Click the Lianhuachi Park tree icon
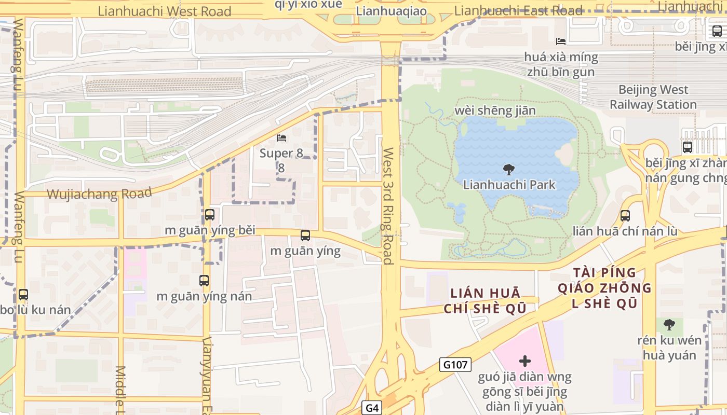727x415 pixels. [509, 169]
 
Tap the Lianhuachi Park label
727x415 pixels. [509, 185]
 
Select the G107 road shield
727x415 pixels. [455, 365]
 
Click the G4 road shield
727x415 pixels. [372, 408]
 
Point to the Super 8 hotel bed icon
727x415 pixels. [281, 138]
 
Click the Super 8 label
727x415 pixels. [281, 160]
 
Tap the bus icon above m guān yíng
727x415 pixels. [305, 236]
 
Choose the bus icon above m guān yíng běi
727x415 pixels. [210, 214]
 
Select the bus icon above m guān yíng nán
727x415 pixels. [204, 281]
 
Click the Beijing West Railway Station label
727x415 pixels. [653, 97]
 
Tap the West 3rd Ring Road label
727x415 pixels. [388, 206]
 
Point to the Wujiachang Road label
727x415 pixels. [99, 194]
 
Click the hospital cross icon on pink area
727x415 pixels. [525, 361]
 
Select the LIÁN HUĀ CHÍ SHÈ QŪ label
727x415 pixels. [485, 301]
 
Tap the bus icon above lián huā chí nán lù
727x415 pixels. [625, 215]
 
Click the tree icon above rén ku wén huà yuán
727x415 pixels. [669, 325]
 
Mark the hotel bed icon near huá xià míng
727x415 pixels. [561, 41]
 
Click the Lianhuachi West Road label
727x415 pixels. [164, 11]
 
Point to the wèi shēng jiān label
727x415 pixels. [494, 110]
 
